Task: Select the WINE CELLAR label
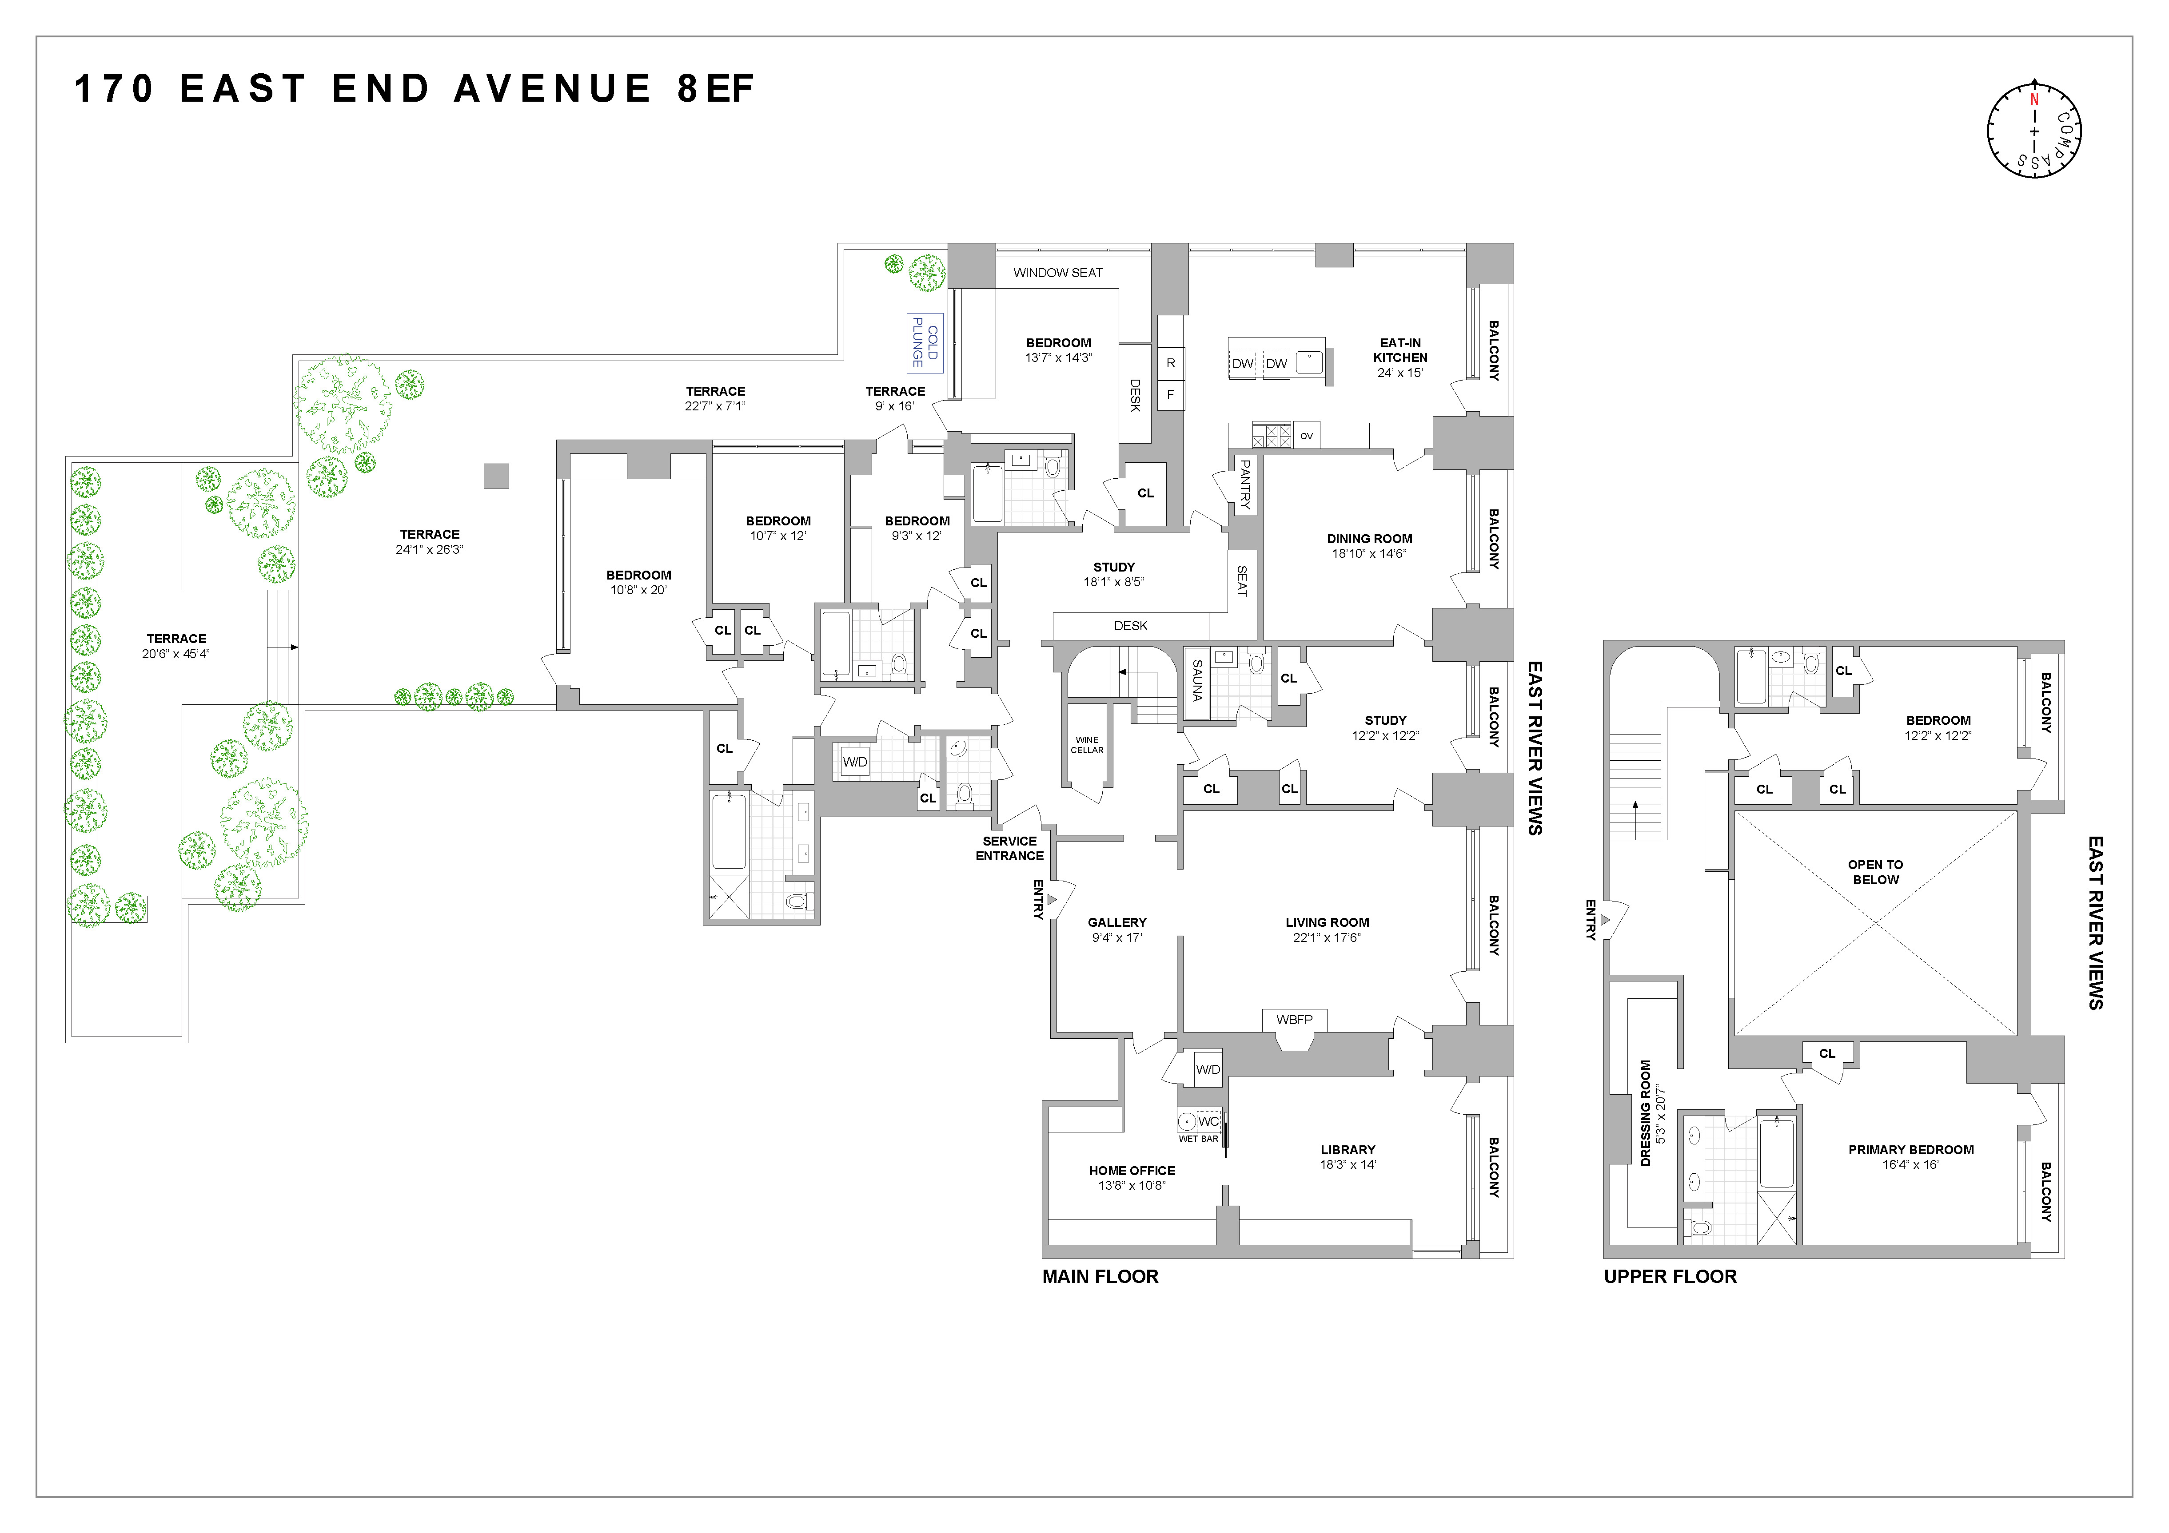pyautogui.click(x=1086, y=745)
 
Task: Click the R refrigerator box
pyautogui.click(x=1170, y=363)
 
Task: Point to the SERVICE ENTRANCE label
pyautogui.click(x=1009, y=848)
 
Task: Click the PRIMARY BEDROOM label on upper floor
pyautogui.click(x=1910, y=1149)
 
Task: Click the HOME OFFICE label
pyautogui.click(x=1132, y=1170)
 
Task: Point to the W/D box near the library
pyautogui.click(x=1207, y=1069)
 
